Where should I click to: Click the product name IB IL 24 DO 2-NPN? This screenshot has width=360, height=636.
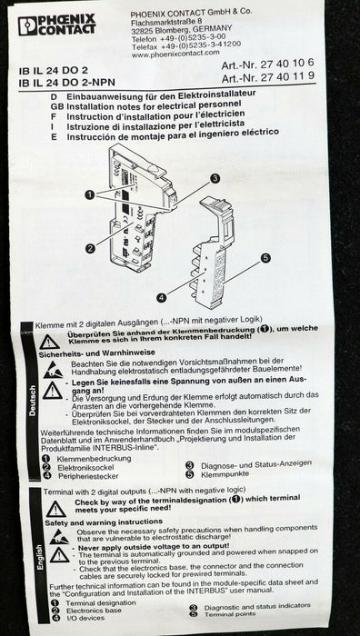coord(65,81)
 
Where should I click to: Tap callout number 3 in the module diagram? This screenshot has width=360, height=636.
coord(215,179)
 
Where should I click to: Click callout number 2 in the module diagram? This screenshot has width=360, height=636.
coord(91,247)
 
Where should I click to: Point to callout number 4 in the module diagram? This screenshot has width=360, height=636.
coord(160,296)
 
